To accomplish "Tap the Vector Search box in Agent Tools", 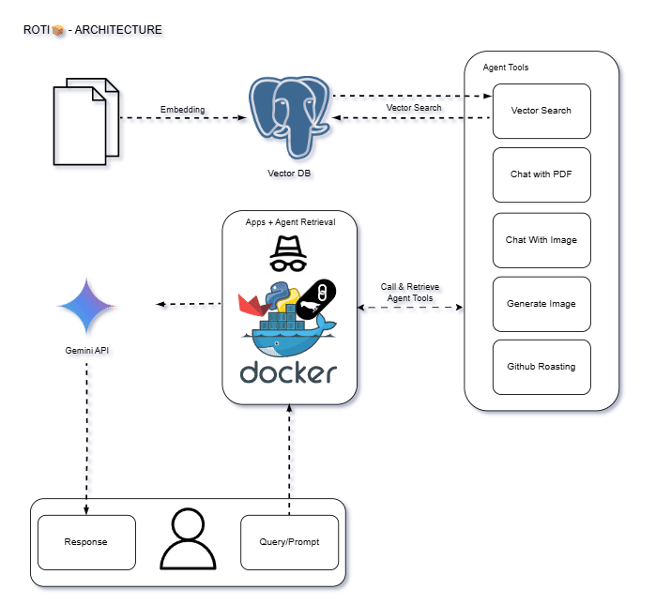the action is click(541, 111).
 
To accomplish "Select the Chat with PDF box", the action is click(541, 174).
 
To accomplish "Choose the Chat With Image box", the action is click(541, 240).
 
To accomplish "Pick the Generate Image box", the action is click(541, 304).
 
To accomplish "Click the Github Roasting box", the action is click(541, 367).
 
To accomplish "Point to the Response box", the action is click(86, 542).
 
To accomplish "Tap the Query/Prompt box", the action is click(289, 542).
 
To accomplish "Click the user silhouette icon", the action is click(188, 539).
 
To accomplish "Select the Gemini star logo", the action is click(87, 306).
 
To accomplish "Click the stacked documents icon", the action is click(86, 122).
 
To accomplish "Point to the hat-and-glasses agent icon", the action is click(288, 253).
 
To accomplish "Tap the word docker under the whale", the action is click(288, 372).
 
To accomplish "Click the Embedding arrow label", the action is click(183, 110).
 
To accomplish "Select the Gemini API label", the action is click(87, 351).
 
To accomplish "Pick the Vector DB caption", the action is click(289, 174).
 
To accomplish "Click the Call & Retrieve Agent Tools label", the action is click(410, 293).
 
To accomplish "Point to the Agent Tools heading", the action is click(506, 68).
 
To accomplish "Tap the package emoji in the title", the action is click(58, 30).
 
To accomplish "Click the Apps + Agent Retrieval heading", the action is click(291, 222).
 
